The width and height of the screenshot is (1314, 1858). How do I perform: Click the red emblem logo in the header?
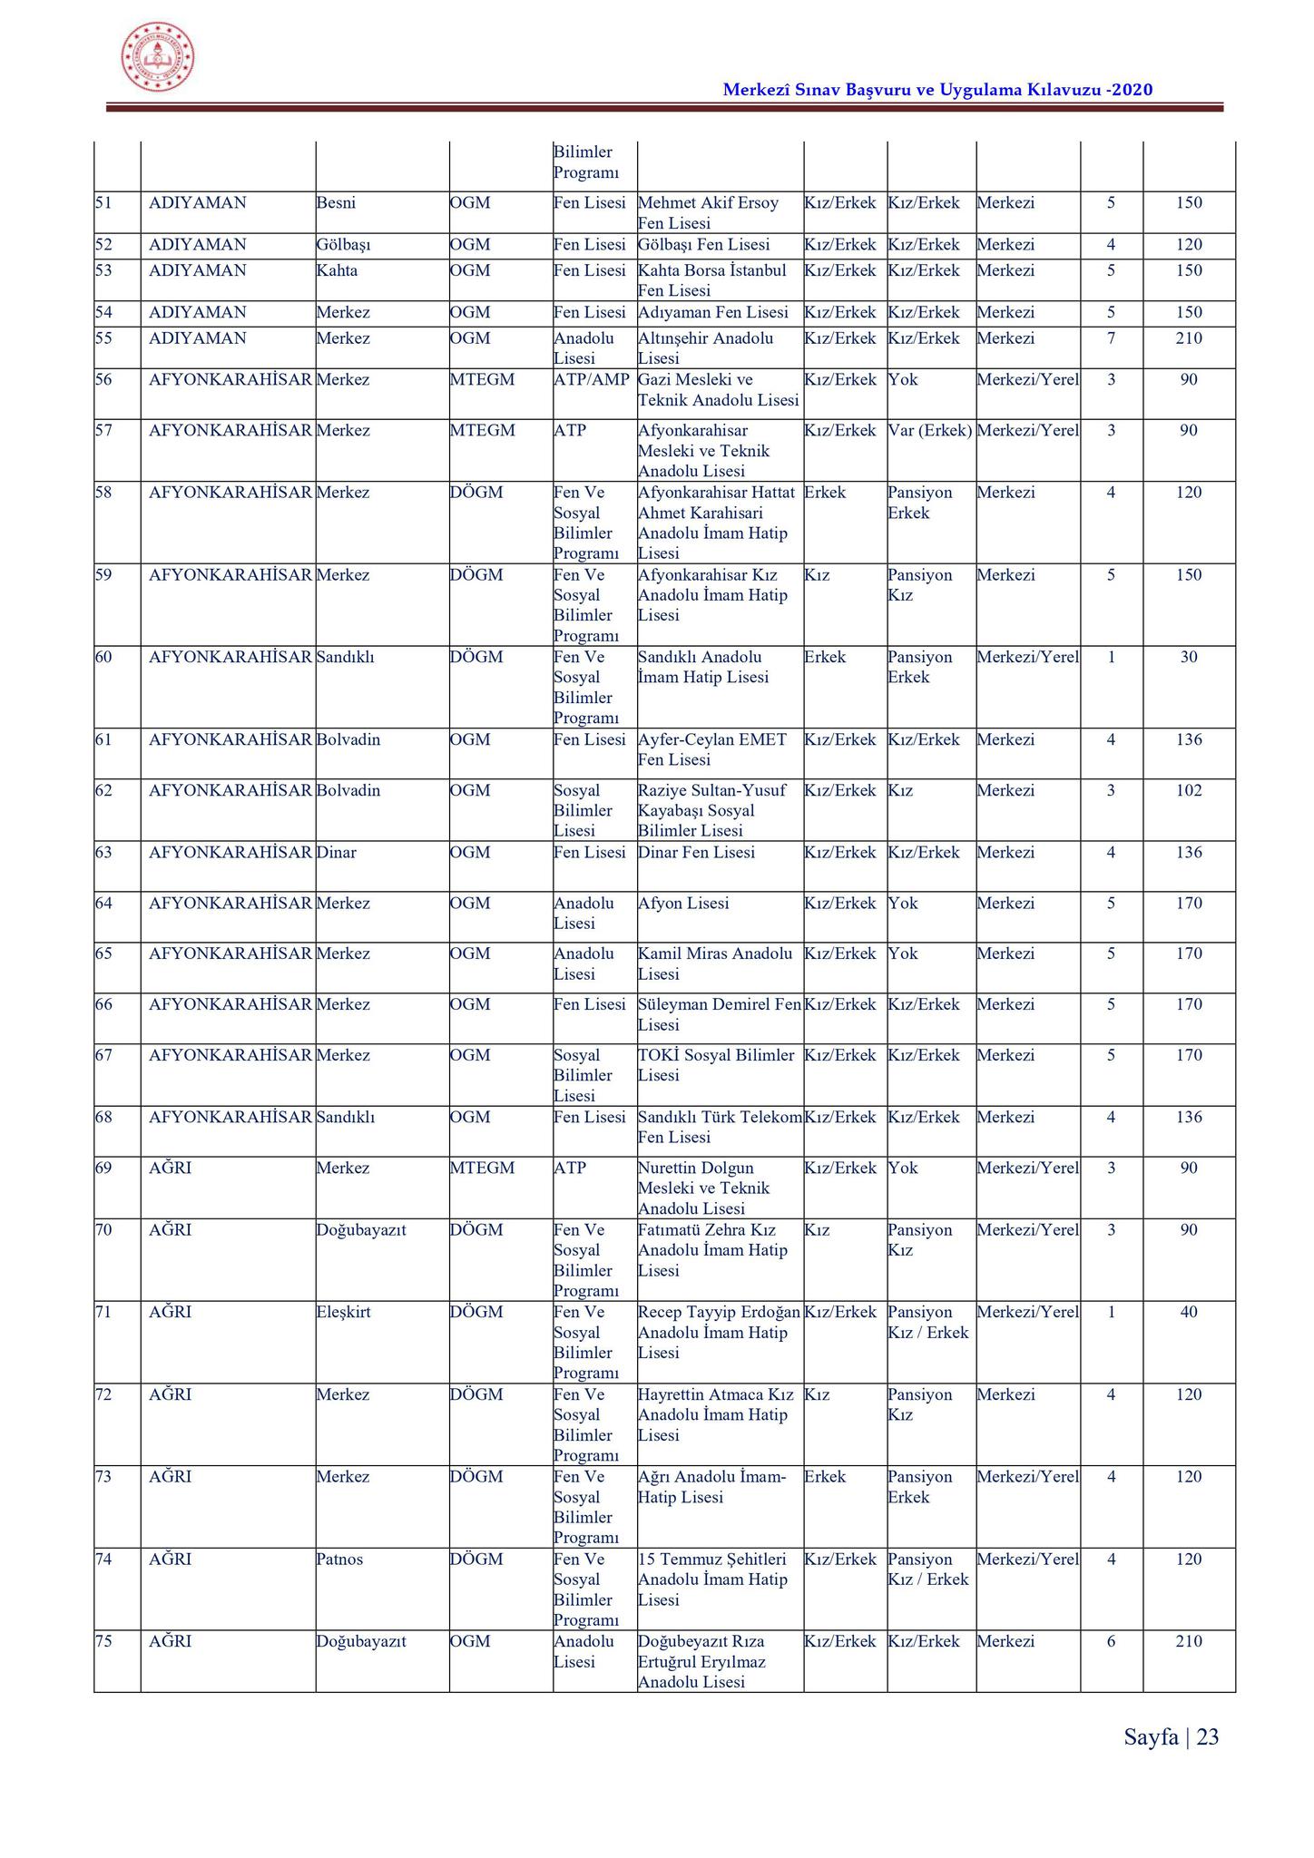pyautogui.click(x=158, y=56)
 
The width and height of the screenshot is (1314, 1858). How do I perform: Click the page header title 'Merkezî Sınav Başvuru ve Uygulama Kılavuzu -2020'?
pyautogui.click(x=937, y=90)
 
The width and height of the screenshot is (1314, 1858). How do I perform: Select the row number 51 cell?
pyautogui.click(x=103, y=202)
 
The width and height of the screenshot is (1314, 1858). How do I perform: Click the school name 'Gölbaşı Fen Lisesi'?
pyautogui.click(x=703, y=245)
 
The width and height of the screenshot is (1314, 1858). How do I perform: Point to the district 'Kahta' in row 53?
pyautogui.click(x=337, y=270)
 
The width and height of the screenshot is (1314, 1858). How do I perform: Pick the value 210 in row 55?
pyautogui.click(x=1188, y=338)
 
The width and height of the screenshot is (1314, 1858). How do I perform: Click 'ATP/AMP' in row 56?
pyautogui.click(x=591, y=379)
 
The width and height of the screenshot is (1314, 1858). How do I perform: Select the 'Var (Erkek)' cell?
pyautogui.click(x=930, y=430)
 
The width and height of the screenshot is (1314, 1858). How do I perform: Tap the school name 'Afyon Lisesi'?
pyautogui.click(x=683, y=903)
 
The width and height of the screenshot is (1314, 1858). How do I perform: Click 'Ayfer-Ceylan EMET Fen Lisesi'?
pyautogui.click(x=712, y=749)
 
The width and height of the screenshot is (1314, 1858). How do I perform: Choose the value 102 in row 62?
pyautogui.click(x=1188, y=790)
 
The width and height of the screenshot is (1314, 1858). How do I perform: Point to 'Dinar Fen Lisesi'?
pyautogui.click(x=696, y=852)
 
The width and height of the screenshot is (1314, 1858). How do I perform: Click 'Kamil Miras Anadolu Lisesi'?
pyautogui.click(x=714, y=963)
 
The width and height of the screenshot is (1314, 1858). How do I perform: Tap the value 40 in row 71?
pyautogui.click(x=1188, y=1312)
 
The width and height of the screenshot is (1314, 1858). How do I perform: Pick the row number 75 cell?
pyautogui.click(x=103, y=1641)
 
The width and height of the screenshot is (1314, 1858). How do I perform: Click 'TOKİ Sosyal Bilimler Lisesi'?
pyautogui.click(x=715, y=1065)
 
